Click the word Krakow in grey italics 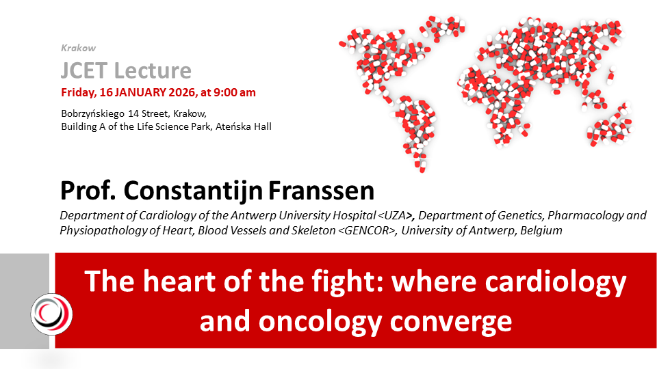click(78, 48)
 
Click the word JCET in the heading click(84, 70)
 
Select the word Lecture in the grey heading click(153, 70)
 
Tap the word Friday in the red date click(78, 92)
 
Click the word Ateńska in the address click(230, 126)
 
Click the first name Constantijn click(193, 191)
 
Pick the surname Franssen click(321, 191)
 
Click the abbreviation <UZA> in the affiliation click(393, 215)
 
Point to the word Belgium click(541, 230)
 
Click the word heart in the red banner click(179, 281)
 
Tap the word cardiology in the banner click(556, 282)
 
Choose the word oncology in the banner click(320, 322)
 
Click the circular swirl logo click(51, 314)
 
